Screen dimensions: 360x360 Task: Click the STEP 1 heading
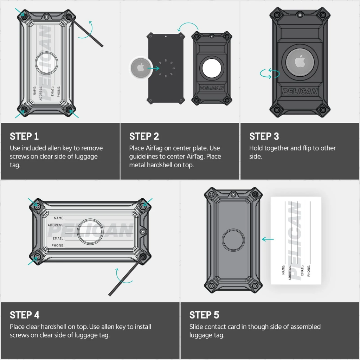[24, 136]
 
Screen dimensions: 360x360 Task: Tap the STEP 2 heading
[144, 136]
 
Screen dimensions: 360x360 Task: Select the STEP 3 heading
[264, 136]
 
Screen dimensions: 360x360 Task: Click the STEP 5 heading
[204, 315]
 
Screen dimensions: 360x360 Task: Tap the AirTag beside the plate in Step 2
[141, 68]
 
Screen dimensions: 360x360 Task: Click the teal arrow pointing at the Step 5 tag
[268, 239]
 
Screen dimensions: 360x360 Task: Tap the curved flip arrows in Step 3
[270, 73]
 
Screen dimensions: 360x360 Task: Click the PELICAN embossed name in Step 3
[300, 92]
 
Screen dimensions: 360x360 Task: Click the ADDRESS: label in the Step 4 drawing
[56, 225]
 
